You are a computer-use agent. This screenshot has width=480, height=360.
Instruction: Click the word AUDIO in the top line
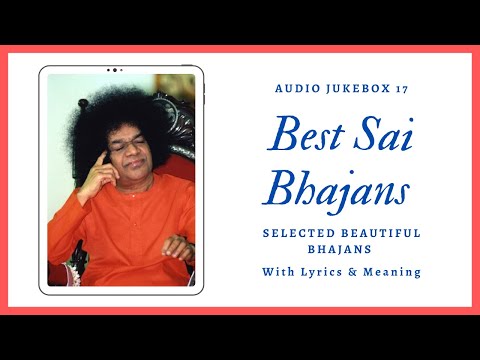(294, 88)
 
